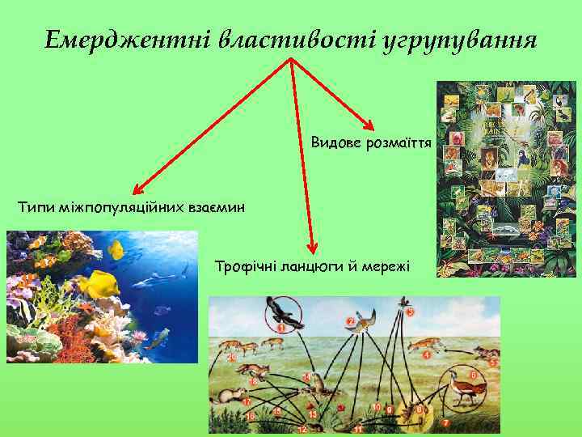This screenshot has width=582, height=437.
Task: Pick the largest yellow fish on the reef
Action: (x=101, y=284)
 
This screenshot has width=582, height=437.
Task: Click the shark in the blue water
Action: (x=153, y=279)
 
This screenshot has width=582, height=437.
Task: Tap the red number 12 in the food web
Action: (x=302, y=428)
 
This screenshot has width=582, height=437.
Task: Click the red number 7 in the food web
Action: (x=445, y=422)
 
